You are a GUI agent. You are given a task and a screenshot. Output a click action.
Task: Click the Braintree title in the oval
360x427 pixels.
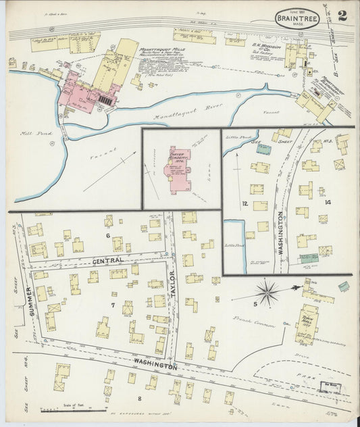pos(298,20)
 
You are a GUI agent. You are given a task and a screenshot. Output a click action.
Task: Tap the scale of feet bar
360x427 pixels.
pos(73,409)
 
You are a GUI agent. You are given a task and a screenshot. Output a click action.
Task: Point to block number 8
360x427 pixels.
pos(140,398)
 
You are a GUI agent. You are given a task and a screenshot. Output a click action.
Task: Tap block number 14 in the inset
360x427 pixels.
pos(328,203)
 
